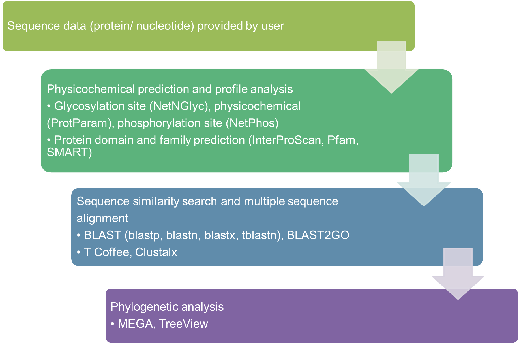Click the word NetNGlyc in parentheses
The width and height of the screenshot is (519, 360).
[178, 106]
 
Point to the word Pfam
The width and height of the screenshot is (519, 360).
[341, 140]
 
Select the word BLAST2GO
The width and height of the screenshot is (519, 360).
[318, 235]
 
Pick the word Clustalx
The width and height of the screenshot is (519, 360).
[156, 252]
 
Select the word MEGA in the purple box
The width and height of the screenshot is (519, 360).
[135, 324]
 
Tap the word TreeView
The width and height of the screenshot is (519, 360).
[183, 324]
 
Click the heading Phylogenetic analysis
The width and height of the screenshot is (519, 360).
[167, 307]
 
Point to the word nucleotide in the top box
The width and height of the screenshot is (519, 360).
[162, 26]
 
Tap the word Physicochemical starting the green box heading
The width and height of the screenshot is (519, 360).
[91, 89]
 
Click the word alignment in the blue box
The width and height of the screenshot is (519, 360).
[102, 218]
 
